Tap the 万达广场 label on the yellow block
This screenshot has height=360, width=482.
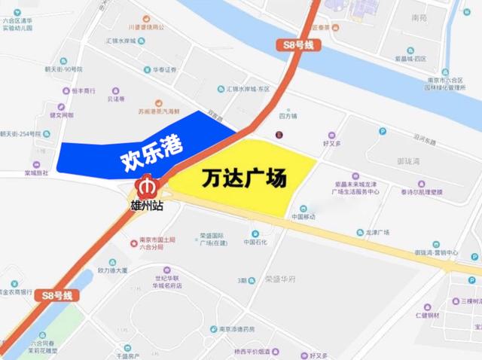[244, 179]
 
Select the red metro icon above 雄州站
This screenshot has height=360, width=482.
[146, 185]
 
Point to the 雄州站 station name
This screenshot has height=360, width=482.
[145, 204]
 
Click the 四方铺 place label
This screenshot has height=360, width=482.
[288, 117]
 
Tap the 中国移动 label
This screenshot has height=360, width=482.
[307, 218]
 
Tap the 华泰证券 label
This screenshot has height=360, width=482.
[164, 70]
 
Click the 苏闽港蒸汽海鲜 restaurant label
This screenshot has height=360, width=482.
[160, 111]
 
